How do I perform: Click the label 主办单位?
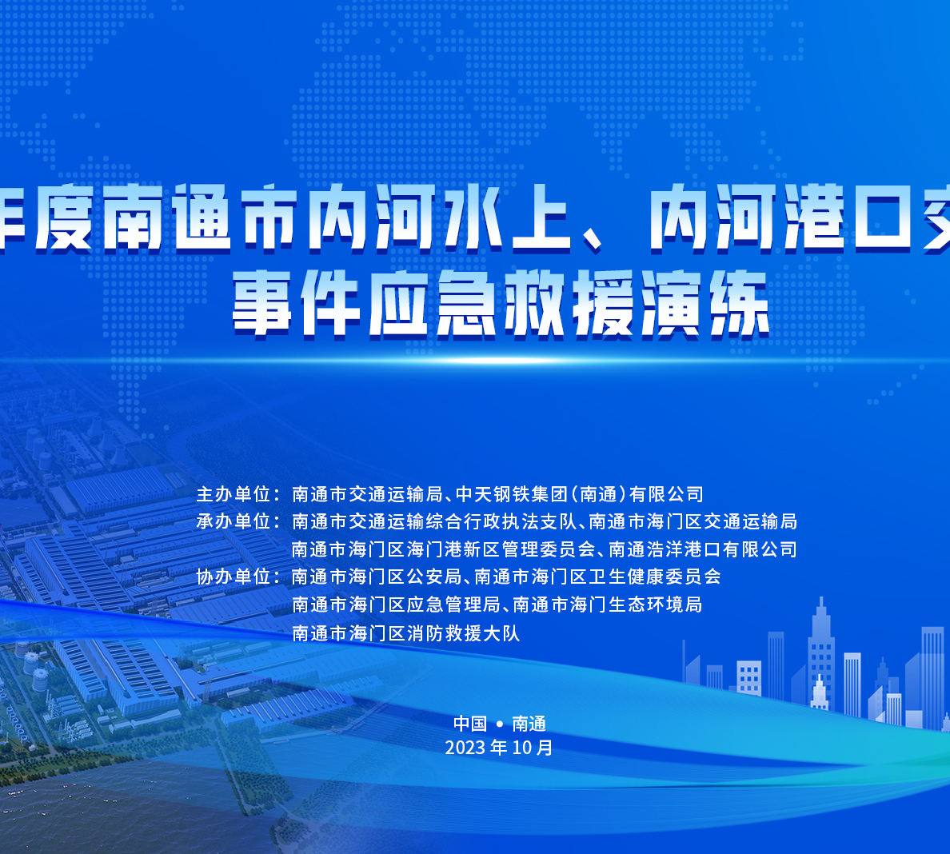click(234, 494)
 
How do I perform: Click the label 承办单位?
click(234, 521)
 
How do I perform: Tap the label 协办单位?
click(234, 577)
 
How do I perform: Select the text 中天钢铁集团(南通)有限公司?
click(580, 494)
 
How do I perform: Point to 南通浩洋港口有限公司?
click(703, 549)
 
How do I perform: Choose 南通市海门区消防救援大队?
click(405, 633)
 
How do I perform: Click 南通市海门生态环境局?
click(607, 605)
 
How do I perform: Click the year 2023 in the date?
click(465, 748)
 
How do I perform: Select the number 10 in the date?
click(521, 748)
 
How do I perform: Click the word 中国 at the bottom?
click(470, 724)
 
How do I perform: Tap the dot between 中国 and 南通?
click(500, 724)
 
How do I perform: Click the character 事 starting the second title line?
click(262, 303)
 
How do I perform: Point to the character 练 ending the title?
click(740, 303)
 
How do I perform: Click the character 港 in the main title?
click(813, 216)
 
